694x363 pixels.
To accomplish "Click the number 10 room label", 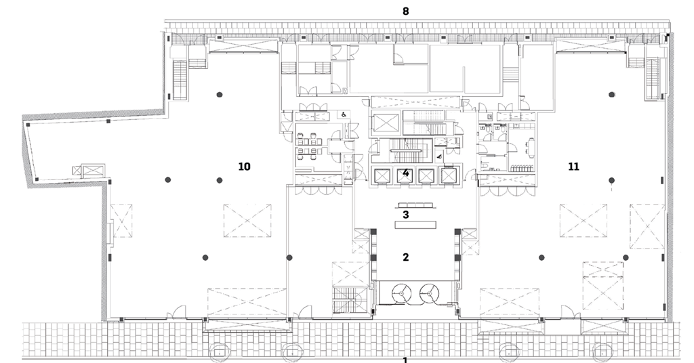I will click(244, 166).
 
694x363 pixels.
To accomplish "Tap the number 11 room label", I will click(573, 166).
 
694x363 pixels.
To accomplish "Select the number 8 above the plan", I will click(405, 12).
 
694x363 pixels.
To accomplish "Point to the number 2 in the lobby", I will click(405, 257).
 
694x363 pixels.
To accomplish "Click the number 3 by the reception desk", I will click(405, 215).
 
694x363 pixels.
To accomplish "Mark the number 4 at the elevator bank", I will click(405, 173).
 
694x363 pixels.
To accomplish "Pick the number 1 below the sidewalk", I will click(405, 360).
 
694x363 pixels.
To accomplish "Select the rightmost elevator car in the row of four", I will click(448, 175).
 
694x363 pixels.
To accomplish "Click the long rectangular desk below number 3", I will click(413, 223).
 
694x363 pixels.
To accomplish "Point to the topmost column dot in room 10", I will click(219, 95).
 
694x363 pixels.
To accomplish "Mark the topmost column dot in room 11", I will click(611, 94).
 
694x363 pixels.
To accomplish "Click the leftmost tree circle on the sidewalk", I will click(220, 352).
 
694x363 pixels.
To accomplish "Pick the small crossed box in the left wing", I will click(90, 169).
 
